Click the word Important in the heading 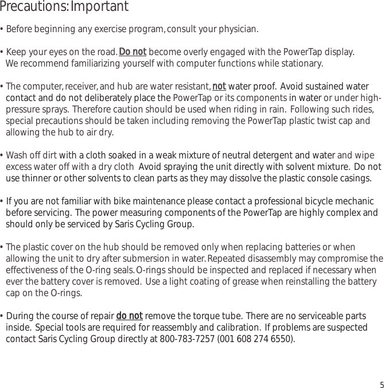tap(100, 7)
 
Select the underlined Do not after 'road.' tap(133, 52)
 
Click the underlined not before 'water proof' tap(219, 87)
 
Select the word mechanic tap(354, 201)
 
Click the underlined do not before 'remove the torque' tap(129, 316)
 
